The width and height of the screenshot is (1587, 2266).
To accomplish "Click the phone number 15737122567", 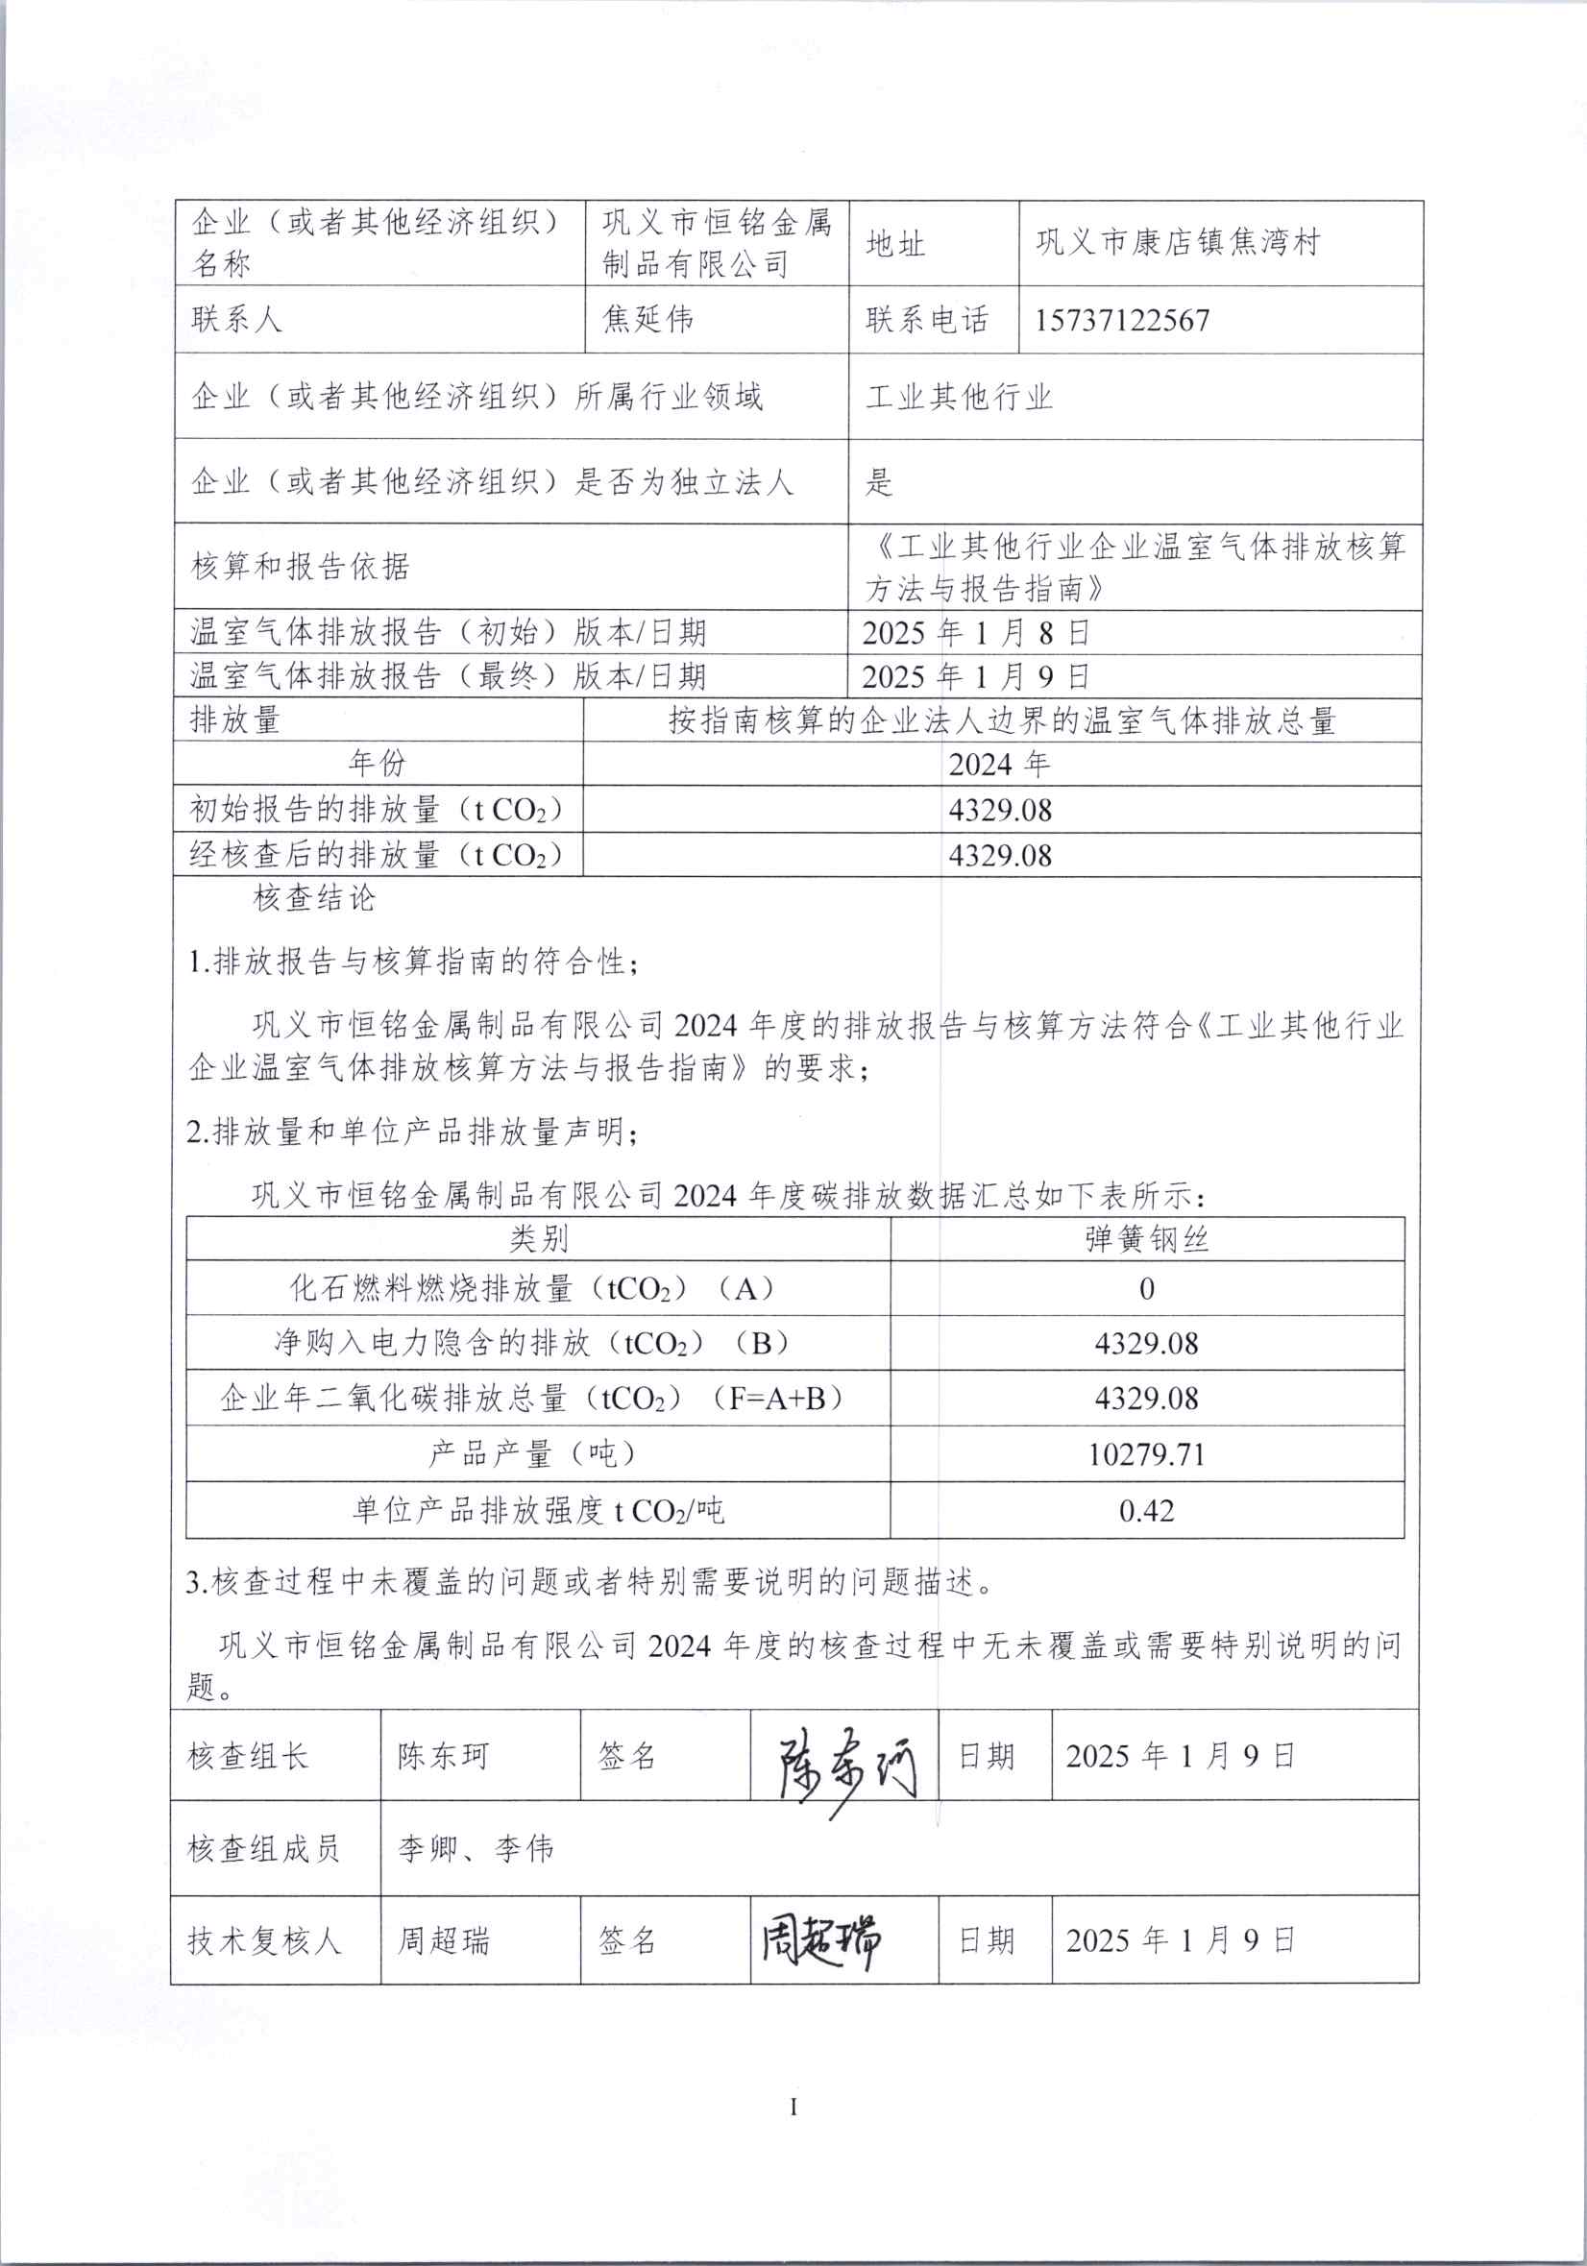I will tap(1122, 320).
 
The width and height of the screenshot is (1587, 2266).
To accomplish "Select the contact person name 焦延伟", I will tap(647, 319).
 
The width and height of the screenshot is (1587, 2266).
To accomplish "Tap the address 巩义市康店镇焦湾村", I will tap(1178, 242).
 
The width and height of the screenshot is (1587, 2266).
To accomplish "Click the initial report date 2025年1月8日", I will tap(975, 633).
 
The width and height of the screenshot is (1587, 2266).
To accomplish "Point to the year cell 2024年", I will tap(1000, 764).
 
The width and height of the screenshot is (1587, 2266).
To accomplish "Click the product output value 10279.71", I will tap(1147, 1454).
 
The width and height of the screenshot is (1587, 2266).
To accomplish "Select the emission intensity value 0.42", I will tap(1147, 1510).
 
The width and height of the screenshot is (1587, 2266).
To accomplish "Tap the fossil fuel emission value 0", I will tap(1147, 1289).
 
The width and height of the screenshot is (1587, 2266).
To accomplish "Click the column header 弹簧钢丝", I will tap(1147, 1239).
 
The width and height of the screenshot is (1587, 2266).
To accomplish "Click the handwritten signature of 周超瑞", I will tap(821, 1939).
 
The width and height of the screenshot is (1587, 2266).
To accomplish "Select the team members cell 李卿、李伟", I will tap(476, 1848).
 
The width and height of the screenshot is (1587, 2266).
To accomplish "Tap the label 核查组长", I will tap(248, 1757).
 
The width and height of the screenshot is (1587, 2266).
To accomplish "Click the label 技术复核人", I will tap(264, 1941).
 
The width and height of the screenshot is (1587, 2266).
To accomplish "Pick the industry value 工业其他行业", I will tap(960, 397).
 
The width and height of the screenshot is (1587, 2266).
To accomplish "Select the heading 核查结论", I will tap(315, 898).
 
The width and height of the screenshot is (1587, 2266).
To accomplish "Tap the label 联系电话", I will tap(927, 320).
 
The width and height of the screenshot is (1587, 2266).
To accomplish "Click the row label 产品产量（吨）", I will tap(533, 1453).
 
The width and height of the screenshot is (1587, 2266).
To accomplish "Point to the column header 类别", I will tap(538, 1238).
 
